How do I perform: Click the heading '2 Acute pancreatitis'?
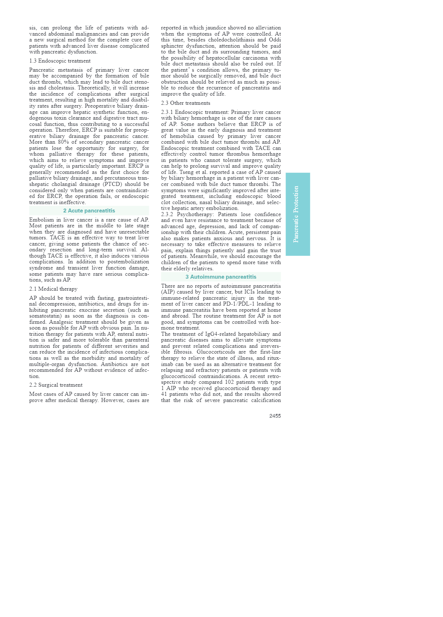point(89,211)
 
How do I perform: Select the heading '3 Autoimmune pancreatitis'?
point(221,277)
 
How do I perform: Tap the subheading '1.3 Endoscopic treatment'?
point(60,61)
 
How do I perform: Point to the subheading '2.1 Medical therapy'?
point(53,289)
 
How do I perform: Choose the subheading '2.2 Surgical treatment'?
point(56,385)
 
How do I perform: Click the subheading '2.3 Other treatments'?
point(185,103)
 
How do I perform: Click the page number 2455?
point(275,416)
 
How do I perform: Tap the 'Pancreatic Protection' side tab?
point(298,214)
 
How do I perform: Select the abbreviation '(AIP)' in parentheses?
point(168,292)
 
